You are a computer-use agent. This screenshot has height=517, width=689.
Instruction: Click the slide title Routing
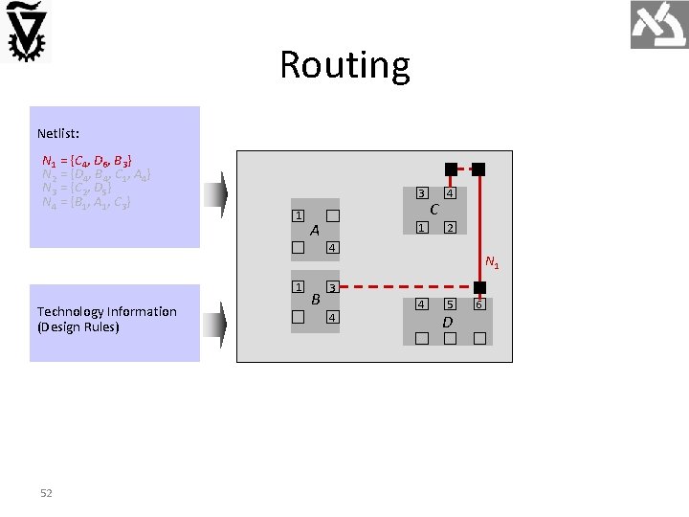coord(344,65)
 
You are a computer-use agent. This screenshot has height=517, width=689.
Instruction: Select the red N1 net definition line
coord(87,159)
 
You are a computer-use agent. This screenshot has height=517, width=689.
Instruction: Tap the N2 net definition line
coord(96,173)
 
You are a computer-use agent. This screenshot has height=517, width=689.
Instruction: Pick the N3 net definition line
coord(77,188)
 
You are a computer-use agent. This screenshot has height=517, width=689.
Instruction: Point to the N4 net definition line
coord(86,202)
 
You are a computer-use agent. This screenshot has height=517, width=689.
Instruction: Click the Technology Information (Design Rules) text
coord(106,319)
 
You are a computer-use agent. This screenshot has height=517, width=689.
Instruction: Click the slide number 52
coord(46,493)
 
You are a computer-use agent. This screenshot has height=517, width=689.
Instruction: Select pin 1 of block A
coord(298,215)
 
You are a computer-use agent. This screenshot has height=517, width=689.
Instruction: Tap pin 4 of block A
coord(332,249)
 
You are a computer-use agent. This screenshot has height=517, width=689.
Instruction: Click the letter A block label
coord(315,231)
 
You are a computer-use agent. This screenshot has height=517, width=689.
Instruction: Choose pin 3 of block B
coord(332,287)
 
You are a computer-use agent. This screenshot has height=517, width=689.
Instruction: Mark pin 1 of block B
coord(298,286)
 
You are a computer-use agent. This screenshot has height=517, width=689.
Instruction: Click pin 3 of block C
coord(421,194)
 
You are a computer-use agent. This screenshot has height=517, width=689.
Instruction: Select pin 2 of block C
coord(450,227)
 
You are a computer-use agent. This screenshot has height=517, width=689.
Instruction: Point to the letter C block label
coord(434,210)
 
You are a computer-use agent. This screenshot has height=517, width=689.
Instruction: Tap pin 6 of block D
coord(479,304)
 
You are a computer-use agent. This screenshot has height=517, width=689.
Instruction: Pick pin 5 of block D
coord(450,304)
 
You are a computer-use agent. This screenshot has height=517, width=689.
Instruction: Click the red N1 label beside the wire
coord(492,261)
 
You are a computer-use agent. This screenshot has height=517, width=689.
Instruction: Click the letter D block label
coord(447,323)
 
